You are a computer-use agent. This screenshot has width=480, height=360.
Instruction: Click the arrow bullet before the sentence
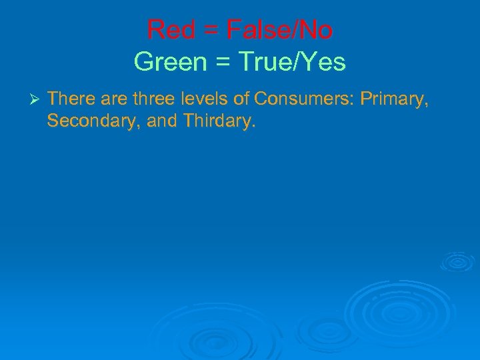coord(36,100)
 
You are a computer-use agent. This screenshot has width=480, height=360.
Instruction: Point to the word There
coord(71,99)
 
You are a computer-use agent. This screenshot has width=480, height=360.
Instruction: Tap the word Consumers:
coord(304,99)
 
